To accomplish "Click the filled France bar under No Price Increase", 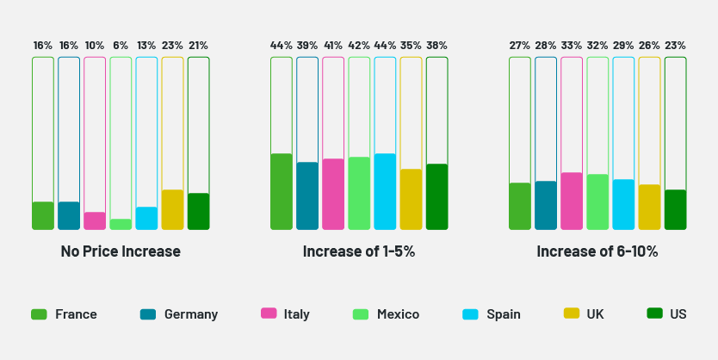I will (x=43, y=215).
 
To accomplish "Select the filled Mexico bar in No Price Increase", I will (x=121, y=224).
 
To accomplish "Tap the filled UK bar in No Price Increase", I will (x=172, y=209).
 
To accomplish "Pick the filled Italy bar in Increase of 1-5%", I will (x=333, y=194).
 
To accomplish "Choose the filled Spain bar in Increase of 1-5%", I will (x=385, y=191).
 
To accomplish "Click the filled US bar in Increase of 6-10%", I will (x=675, y=209).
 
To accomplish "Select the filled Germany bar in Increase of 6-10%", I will (x=546, y=205).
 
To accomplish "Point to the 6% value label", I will (x=121, y=46).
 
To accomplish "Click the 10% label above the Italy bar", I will (x=95, y=46).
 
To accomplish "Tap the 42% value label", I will (x=359, y=46).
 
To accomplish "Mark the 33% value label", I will (x=572, y=46).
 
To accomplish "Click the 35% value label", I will (x=411, y=46).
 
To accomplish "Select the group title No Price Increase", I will (x=121, y=251).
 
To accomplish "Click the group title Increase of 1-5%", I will (x=359, y=251).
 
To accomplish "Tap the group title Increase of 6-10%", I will (x=597, y=251).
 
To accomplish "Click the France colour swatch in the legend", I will (x=39, y=314).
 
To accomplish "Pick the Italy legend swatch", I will (x=269, y=314).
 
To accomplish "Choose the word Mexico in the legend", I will (x=398, y=314).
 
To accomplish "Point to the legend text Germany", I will (x=191, y=314).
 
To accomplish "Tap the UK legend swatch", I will (x=571, y=314).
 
